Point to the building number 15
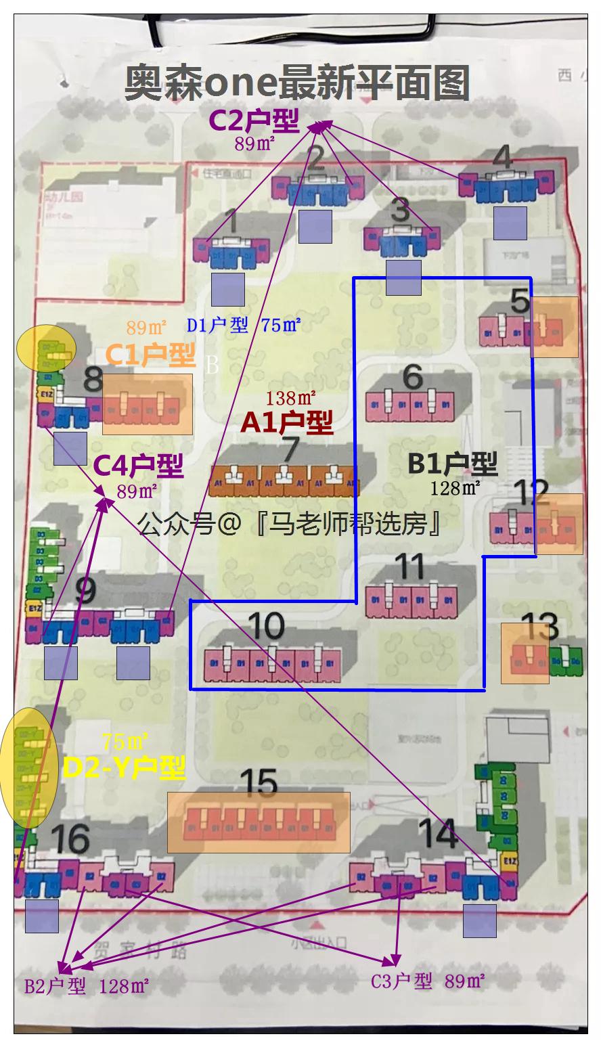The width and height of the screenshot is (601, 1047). [259, 784]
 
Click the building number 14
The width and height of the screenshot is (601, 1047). [438, 834]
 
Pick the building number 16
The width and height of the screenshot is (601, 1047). [70, 839]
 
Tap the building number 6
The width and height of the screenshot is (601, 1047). [412, 377]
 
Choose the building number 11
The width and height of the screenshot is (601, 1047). [409, 566]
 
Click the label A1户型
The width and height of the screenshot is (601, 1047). [287, 423]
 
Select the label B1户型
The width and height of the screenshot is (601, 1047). [452, 464]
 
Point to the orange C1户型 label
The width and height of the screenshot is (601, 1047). [150, 355]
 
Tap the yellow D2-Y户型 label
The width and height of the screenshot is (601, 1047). [124, 767]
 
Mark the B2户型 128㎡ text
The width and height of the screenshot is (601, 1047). [86, 986]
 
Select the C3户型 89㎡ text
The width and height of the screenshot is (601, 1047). [427, 981]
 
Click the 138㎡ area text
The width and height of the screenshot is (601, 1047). [291, 398]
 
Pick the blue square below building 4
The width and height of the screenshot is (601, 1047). [510, 223]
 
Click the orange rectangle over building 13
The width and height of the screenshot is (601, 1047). [525, 653]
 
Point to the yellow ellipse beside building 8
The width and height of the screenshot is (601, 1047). [46, 347]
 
